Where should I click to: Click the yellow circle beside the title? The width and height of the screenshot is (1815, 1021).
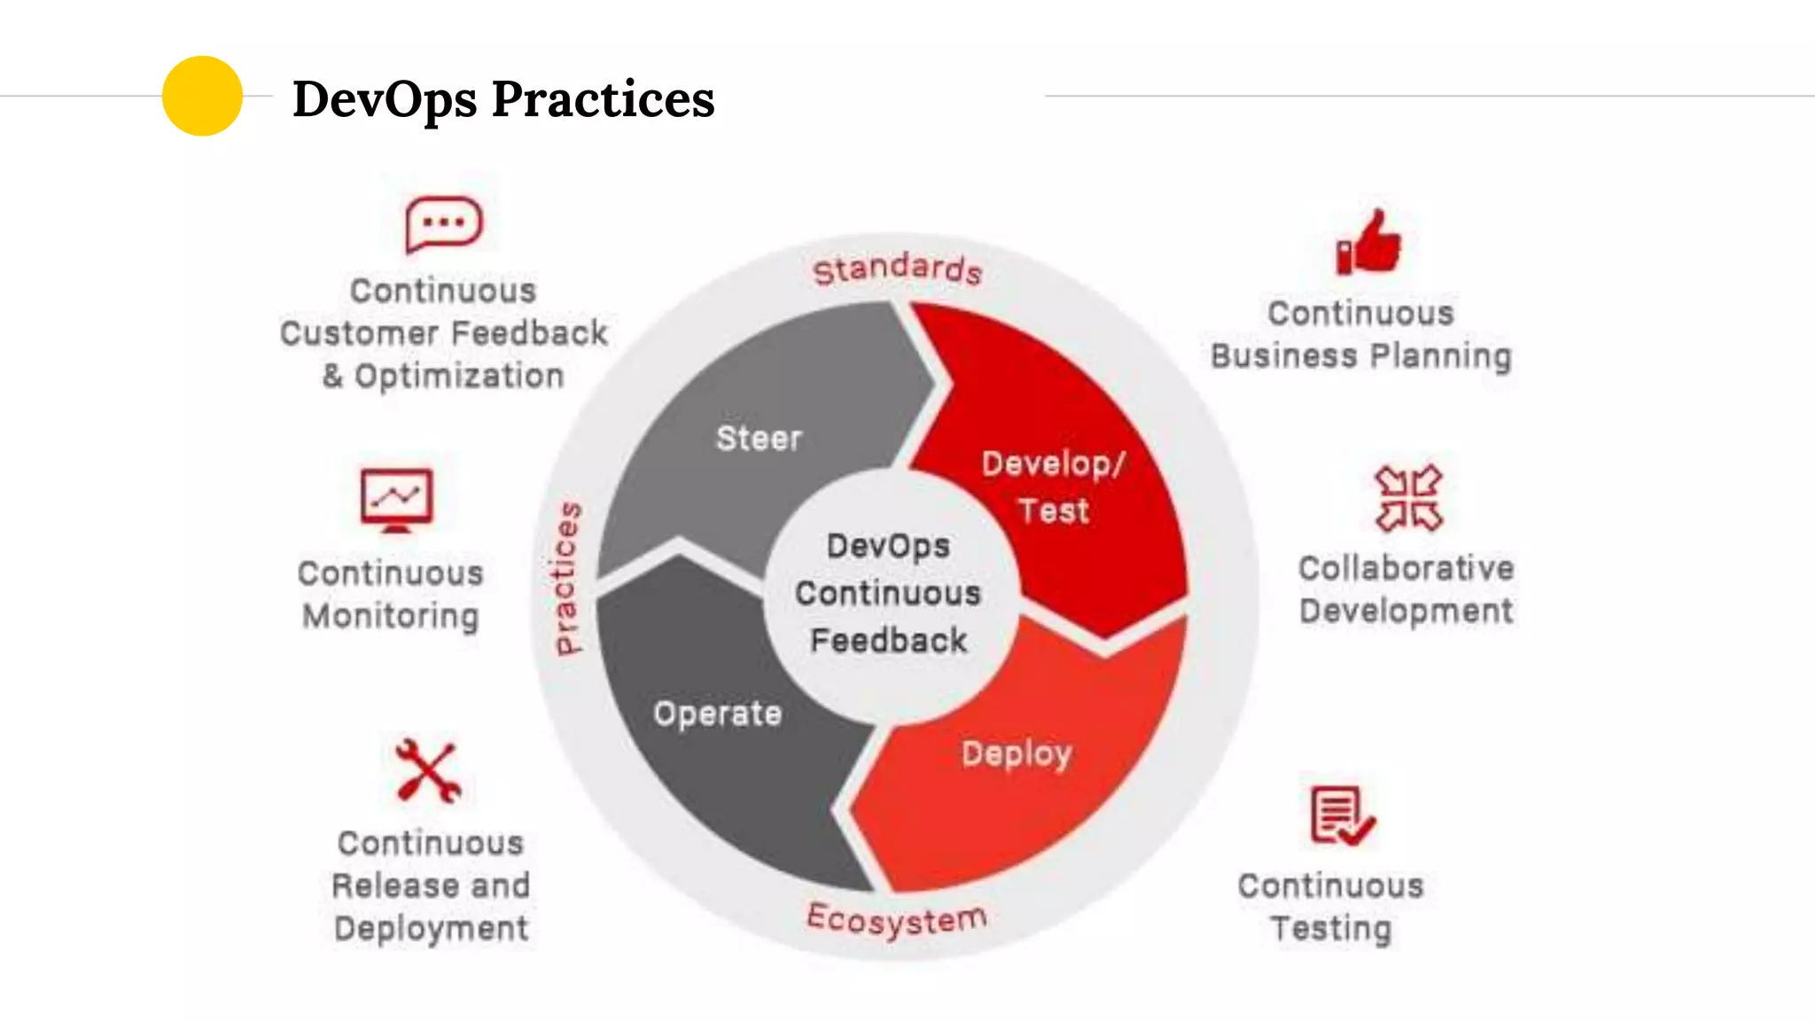pos(202,96)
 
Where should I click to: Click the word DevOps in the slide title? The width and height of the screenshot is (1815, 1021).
pos(384,99)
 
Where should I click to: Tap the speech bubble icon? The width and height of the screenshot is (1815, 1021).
pos(443,224)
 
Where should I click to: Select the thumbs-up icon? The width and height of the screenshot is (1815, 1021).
pos(1369,243)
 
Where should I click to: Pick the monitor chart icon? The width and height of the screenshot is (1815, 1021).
pos(396,500)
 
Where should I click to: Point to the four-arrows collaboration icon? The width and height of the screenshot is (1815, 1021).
pos(1408,498)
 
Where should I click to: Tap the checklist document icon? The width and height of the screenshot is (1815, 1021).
pos(1341,815)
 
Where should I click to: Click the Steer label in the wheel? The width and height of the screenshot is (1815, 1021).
pos(759,439)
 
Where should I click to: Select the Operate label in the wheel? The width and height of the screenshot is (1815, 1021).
pos(718,713)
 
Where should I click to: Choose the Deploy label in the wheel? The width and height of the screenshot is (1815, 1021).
pos(1017,753)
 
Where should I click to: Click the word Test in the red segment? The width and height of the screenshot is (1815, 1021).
pos(1053,511)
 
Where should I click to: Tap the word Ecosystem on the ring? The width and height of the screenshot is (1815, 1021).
pos(896,919)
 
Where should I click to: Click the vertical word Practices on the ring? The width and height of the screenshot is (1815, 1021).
pos(567,578)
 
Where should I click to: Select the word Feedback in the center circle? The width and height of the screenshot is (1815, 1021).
pos(888,640)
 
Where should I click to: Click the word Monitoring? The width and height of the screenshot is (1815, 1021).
pos(391,615)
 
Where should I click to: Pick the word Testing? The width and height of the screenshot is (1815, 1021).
pos(1331,928)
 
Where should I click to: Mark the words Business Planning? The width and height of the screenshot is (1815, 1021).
pos(1360,356)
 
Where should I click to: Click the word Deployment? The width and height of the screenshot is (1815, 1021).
pos(431,928)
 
